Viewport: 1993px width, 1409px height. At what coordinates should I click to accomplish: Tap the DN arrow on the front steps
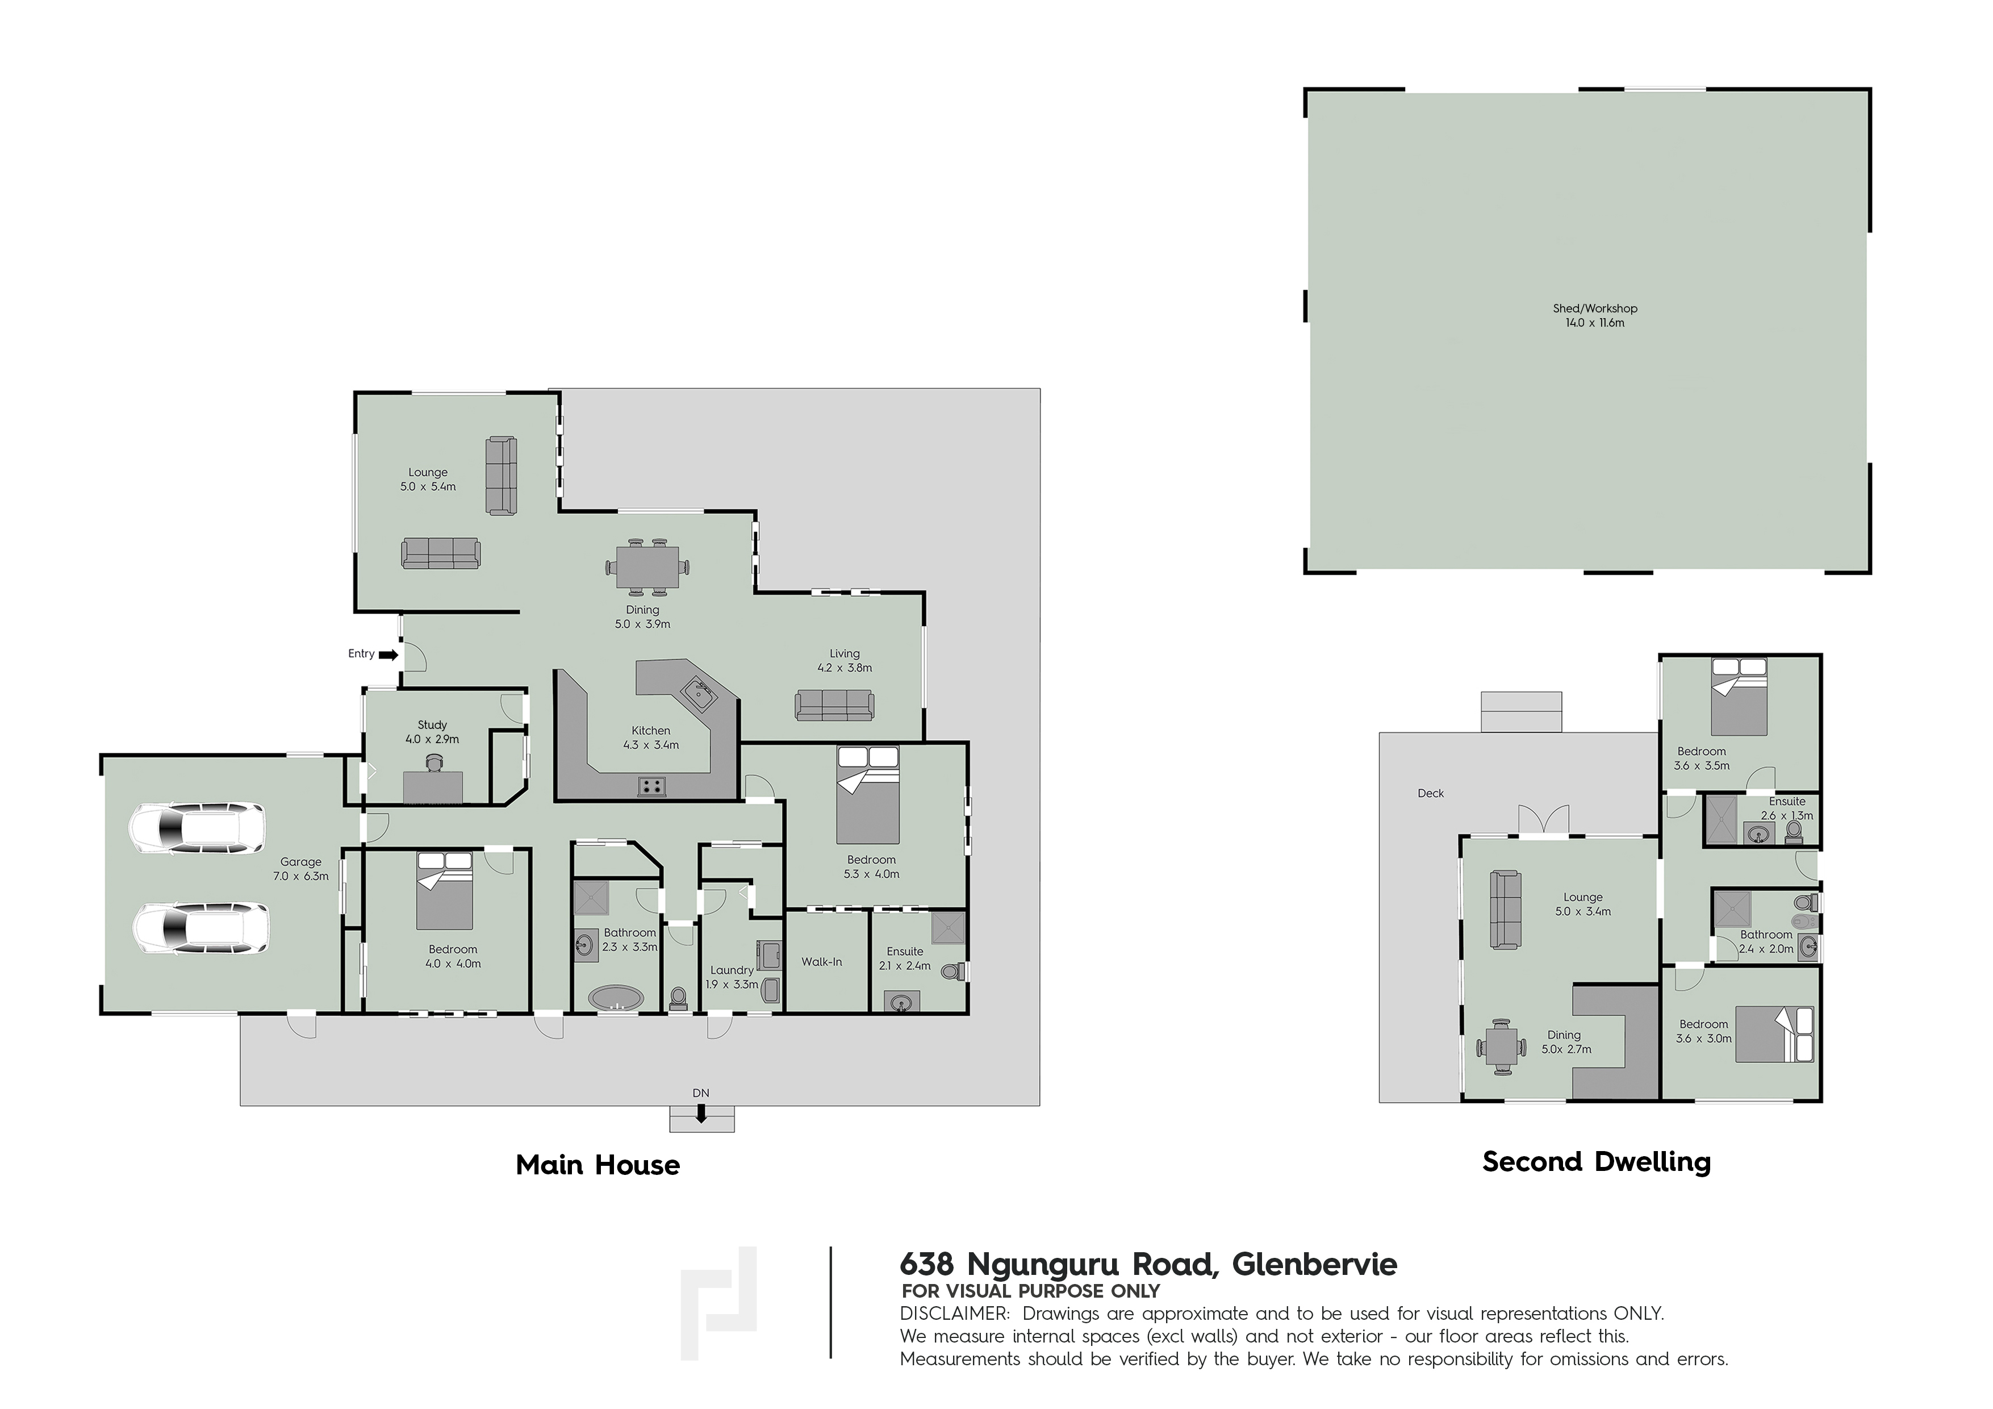coord(700,1113)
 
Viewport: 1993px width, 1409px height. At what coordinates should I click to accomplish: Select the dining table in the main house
coord(645,567)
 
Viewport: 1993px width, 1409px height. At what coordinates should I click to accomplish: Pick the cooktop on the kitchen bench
coord(652,786)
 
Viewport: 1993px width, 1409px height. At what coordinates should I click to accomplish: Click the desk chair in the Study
coord(433,763)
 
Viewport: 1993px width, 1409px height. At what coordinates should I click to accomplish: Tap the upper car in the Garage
coord(197,828)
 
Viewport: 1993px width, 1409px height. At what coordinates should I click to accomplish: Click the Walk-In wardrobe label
coord(821,962)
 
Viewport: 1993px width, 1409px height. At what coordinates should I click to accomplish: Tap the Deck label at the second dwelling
coord(1431,793)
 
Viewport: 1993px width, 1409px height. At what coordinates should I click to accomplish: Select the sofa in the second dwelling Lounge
coord(1505,909)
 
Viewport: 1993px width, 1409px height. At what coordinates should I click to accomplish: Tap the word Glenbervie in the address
coord(1315,1264)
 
